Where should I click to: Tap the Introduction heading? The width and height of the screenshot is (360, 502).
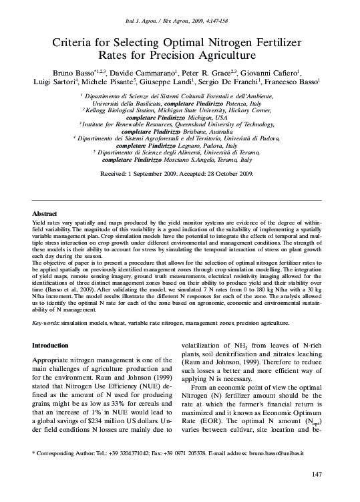(x=54, y=346)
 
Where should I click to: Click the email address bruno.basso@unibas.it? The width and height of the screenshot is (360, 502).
(x=276, y=454)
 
